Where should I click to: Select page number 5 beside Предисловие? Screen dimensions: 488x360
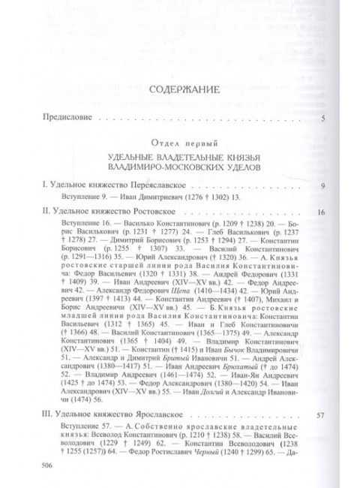322,119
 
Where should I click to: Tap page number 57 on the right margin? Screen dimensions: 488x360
319,416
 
